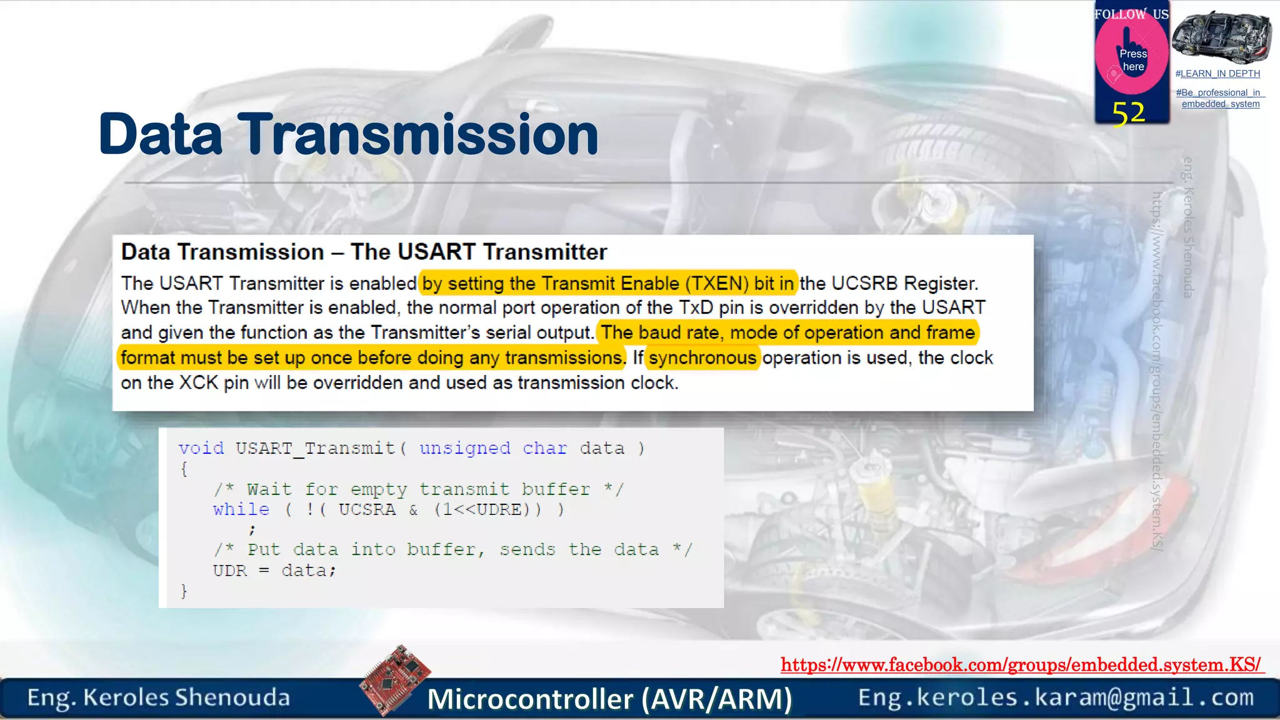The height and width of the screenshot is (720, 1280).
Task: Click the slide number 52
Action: pyautogui.click(x=1129, y=114)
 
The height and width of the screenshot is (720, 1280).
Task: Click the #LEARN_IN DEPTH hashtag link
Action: pyautogui.click(x=1217, y=74)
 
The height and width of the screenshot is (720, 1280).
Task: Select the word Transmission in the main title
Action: pyautogui.click(x=421, y=134)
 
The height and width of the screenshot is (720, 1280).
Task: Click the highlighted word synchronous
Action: pyautogui.click(x=702, y=357)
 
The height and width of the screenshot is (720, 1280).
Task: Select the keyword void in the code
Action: pyautogui.click(x=201, y=448)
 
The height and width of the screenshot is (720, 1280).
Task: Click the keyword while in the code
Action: pyautogui.click(x=241, y=509)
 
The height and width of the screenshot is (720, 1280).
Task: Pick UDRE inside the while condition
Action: pyautogui.click(x=499, y=509)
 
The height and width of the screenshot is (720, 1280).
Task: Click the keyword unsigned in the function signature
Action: pyautogui.click(x=464, y=448)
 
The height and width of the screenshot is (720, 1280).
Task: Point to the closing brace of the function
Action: pyautogui.click(x=184, y=591)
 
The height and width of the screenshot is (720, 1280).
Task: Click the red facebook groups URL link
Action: pyautogui.click(x=1021, y=664)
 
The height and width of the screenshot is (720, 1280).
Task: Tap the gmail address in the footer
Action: pyautogui.click(x=1056, y=697)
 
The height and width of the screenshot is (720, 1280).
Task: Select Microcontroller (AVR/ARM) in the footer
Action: pyautogui.click(x=609, y=699)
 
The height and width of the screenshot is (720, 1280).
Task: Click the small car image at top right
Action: pyautogui.click(x=1221, y=37)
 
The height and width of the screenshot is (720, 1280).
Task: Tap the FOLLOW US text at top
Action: pyautogui.click(x=1131, y=14)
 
